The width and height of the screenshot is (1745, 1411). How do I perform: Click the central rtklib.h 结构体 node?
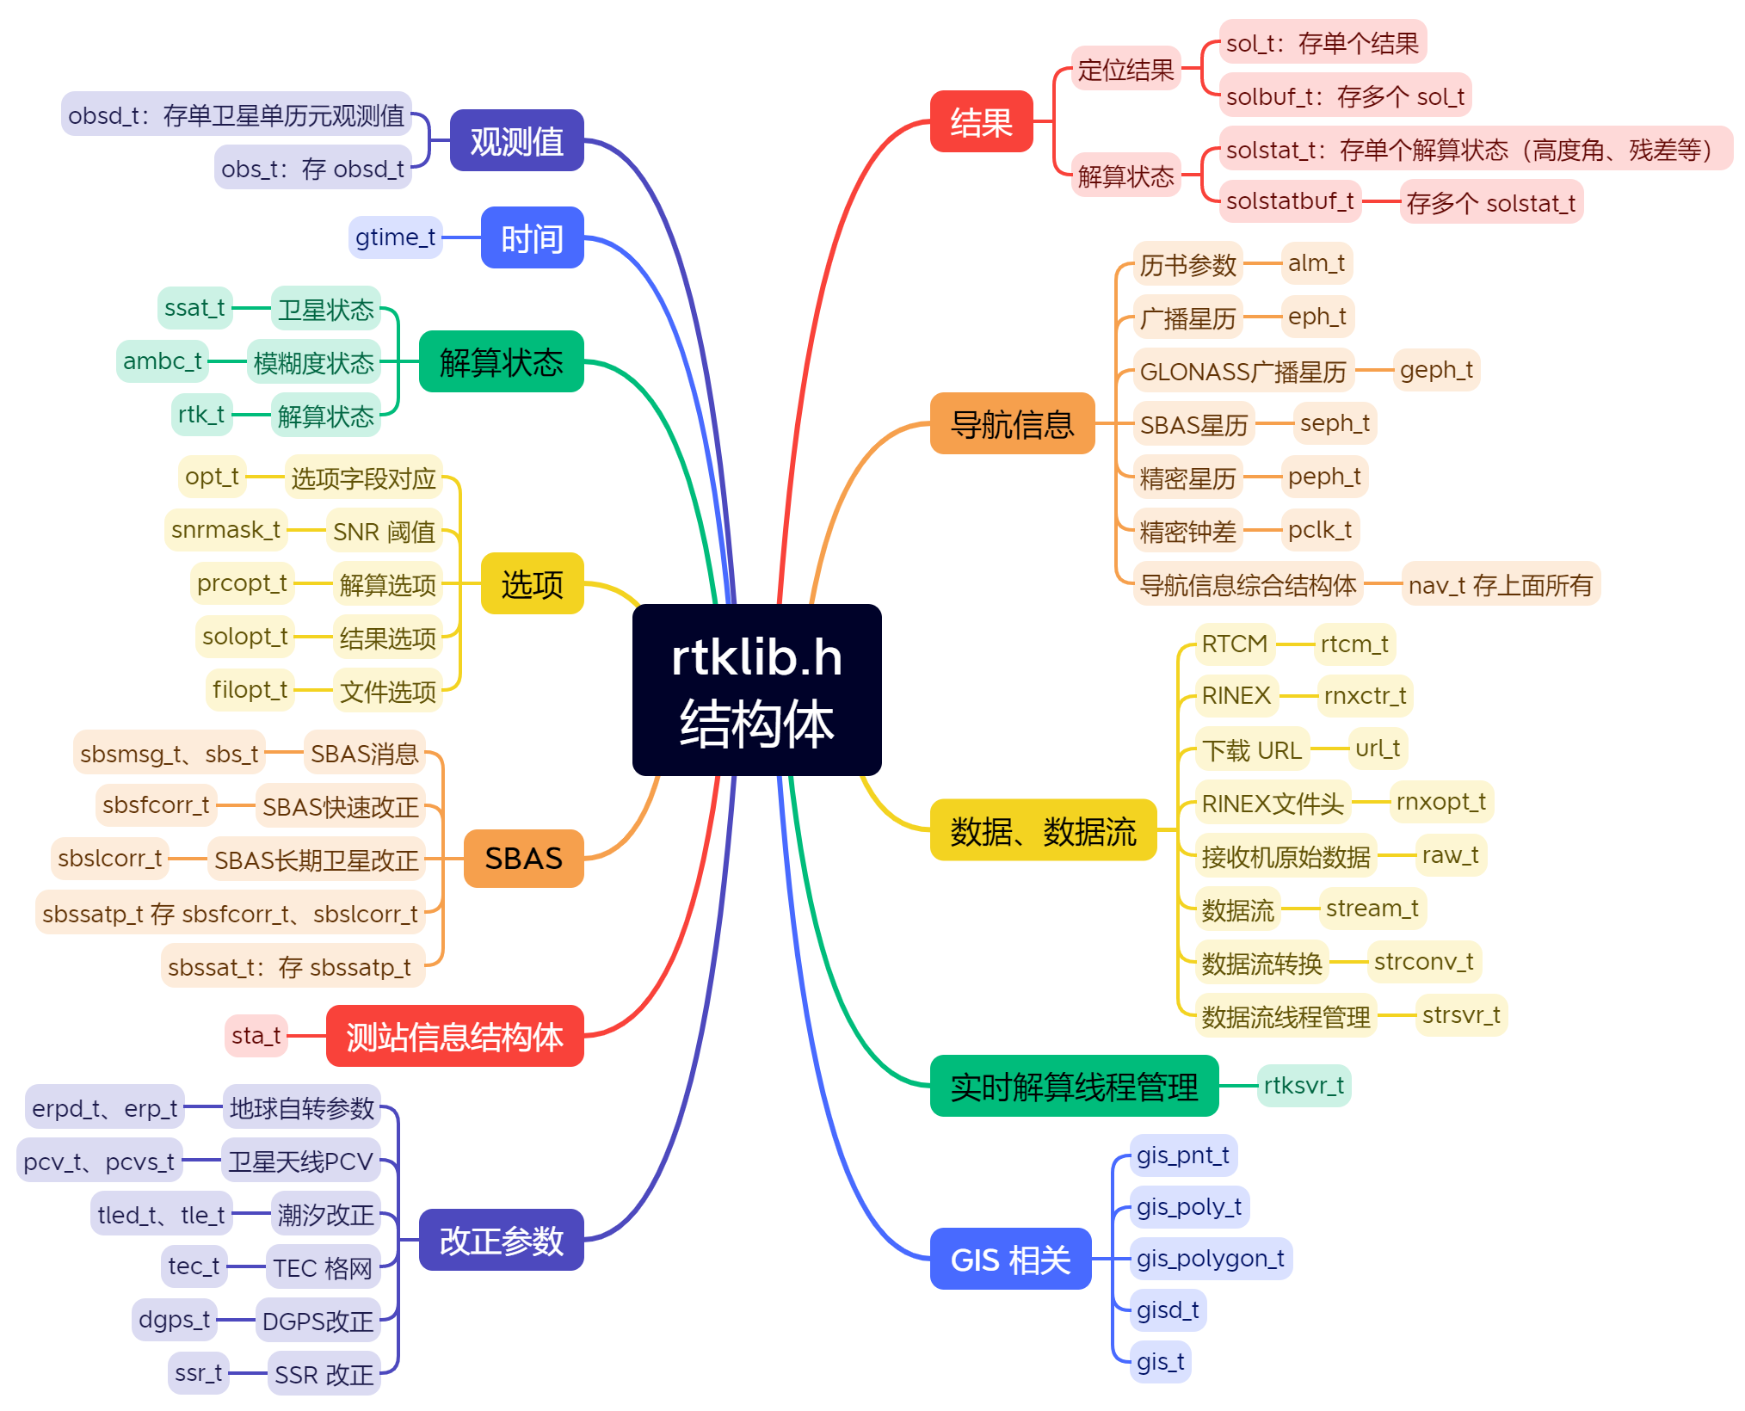[756, 689]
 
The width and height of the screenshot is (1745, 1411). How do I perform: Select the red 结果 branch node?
[981, 121]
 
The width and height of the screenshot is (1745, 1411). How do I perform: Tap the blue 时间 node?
[532, 237]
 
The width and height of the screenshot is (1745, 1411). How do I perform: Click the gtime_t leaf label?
[395, 237]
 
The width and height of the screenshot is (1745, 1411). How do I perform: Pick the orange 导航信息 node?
[1012, 423]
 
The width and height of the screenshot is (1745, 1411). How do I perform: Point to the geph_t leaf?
[1435, 370]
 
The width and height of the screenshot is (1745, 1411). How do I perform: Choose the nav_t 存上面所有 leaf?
[1500, 585]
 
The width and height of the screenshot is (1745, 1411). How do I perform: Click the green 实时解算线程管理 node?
[1074, 1086]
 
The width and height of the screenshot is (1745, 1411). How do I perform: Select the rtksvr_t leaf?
[1303, 1086]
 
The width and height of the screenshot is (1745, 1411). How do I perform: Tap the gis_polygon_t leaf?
[1210, 1259]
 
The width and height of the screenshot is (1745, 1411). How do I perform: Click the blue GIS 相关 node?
[1010, 1259]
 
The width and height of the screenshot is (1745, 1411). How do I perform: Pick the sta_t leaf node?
[256, 1036]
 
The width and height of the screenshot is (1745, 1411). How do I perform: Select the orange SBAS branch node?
[523, 858]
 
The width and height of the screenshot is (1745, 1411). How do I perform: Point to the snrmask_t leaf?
[225, 530]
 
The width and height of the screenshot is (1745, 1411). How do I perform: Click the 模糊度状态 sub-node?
[313, 362]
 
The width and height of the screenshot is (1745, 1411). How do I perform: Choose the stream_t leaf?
[1372, 909]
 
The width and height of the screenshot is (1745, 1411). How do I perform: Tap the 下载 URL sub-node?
[1251, 749]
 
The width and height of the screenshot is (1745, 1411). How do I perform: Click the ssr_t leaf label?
[198, 1373]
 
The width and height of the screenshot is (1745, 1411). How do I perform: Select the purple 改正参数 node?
[501, 1240]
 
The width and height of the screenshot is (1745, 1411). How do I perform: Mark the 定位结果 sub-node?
[1125, 69]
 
